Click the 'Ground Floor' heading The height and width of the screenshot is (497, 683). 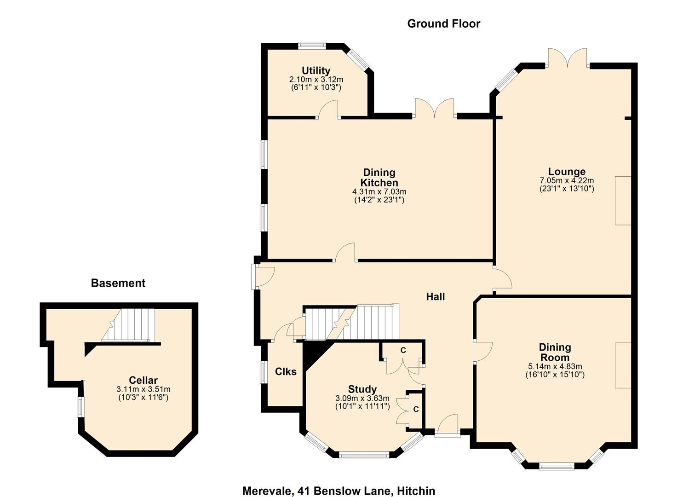[443, 23]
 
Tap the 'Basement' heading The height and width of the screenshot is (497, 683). [118, 283]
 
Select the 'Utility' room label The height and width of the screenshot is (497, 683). [316, 70]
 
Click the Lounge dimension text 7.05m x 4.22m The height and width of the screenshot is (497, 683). [567, 180]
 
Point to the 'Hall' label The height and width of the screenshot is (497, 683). [435, 297]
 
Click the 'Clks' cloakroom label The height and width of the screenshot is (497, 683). [286, 371]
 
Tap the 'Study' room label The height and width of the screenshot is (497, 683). [362, 389]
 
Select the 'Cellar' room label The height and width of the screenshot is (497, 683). [143, 380]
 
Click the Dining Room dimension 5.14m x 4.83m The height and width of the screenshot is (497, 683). [555, 366]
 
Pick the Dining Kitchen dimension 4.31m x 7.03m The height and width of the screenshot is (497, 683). [379, 191]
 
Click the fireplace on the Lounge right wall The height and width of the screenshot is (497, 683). [623, 200]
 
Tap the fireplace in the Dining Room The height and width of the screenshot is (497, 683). [623, 365]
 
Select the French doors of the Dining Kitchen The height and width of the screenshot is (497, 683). [435, 109]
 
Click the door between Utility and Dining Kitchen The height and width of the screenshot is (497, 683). [328, 110]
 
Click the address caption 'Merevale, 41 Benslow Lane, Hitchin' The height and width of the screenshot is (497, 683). [339, 491]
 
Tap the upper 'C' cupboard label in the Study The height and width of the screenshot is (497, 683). [403, 350]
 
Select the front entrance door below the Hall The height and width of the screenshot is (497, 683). [447, 426]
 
